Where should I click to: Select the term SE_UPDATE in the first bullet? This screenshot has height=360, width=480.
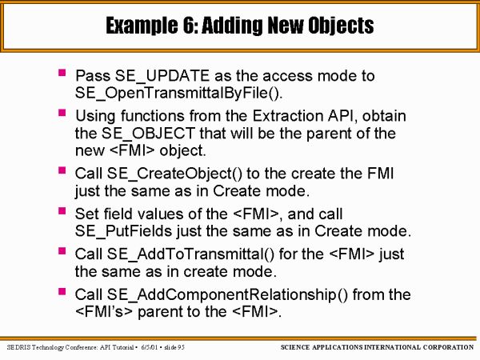pyautogui.click(x=162, y=76)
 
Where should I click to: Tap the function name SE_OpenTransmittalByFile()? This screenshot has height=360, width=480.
pyautogui.click(x=178, y=93)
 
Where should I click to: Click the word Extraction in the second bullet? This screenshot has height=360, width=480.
pyautogui.click(x=287, y=116)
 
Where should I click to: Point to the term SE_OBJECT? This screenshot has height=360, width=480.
pyautogui.click(x=148, y=134)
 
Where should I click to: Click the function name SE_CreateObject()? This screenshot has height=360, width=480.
pyautogui.click(x=174, y=174)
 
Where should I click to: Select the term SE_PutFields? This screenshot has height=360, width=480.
pyautogui.click(x=124, y=231)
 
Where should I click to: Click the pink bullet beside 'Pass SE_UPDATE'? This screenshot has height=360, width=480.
pyautogui.click(x=62, y=73)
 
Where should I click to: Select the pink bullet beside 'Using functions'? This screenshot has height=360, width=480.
pyautogui.click(x=62, y=113)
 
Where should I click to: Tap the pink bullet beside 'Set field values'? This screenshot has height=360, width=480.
pyautogui.click(x=62, y=211)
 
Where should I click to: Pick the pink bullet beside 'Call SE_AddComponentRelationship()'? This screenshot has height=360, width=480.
pyautogui.click(x=62, y=291)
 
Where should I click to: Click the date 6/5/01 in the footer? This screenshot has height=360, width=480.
pyautogui.click(x=150, y=347)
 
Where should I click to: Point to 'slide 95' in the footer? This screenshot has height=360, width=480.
pyautogui.click(x=174, y=347)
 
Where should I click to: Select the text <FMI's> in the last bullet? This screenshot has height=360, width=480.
pyautogui.click(x=104, y=312)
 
